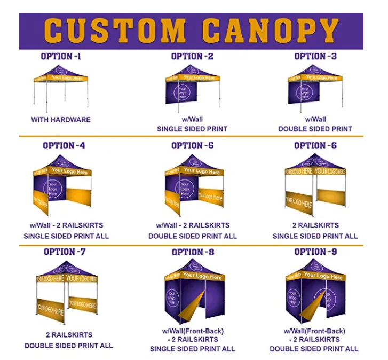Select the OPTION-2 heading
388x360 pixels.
(192, 56)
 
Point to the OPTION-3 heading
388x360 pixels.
(315, 56)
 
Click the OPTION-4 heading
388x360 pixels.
(64, 145)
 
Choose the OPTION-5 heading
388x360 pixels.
(192, 145)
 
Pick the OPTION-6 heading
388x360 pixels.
(315, 145)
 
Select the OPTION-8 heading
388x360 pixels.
(193, 252)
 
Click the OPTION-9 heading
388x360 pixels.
(315, 252)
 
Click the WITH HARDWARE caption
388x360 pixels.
(61, 120)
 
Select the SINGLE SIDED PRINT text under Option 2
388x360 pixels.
(192, 129)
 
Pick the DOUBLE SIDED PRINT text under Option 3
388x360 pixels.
(315, 129)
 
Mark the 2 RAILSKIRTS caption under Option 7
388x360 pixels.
(69, 335)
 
